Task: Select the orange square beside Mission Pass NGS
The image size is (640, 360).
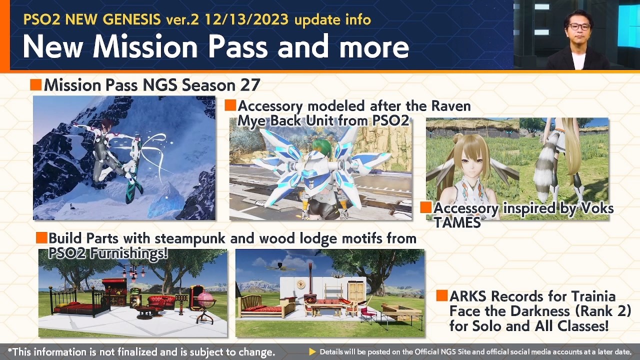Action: click(35, 84)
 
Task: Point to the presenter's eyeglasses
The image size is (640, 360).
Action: click(579, 26)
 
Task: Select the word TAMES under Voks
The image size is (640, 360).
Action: click(457, 222)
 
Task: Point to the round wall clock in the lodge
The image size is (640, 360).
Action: click(300, 284)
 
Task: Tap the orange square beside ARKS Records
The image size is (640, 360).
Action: click(441, 295)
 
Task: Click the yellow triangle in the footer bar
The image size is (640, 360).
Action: click(312, 352)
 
